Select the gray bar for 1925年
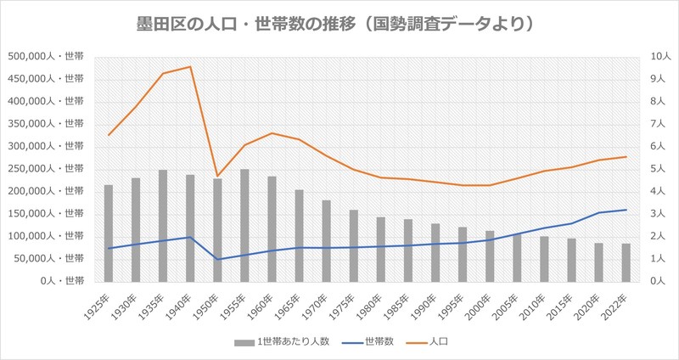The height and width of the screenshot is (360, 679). (109, 233)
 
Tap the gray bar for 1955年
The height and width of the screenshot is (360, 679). (244, 225)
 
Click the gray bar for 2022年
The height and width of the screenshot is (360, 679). (626, 262)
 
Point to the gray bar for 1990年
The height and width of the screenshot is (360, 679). (435, 252)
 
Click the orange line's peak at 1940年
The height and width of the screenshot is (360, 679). (190, 66)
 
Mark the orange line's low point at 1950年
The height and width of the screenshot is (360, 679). (217, 176)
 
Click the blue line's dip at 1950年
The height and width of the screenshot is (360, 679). (217, 259)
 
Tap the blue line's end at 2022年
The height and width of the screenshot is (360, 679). (626, 210)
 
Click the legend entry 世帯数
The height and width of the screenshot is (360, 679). (369, 341)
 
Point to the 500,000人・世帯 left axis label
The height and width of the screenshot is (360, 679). (47, 57)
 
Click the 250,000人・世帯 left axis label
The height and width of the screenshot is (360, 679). (47, 168)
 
